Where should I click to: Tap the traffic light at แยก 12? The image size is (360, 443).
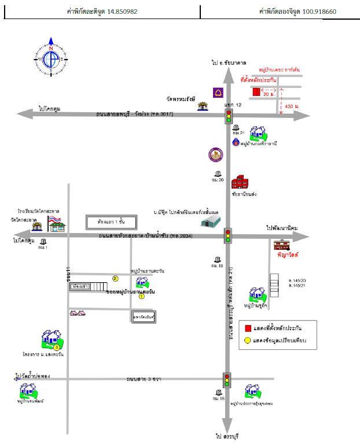coord(228,116)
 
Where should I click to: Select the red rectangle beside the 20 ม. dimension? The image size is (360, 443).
coord(255,91)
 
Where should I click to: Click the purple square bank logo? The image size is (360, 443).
coord(219,93)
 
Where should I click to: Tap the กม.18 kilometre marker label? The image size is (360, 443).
coord(218,398)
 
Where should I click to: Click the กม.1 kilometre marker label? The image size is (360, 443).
coord(42,247)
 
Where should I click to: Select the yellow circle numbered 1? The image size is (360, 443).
coord(141,297)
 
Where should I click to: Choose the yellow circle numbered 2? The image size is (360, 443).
coord(115,278)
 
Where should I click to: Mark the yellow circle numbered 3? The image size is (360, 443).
coord(56,347)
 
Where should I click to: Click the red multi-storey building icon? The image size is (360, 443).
coord(240,183)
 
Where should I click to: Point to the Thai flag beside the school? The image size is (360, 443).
coord(54,220)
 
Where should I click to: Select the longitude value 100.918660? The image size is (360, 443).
coord(330,12)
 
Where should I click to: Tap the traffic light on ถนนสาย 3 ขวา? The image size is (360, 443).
coord(227,379)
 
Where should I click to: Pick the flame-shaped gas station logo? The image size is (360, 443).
coord(236,142)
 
